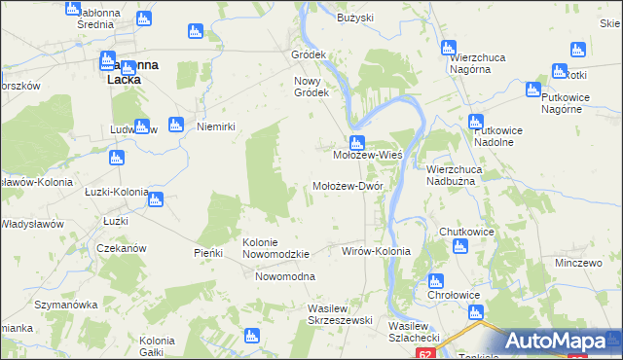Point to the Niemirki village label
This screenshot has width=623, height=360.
coord(217,126)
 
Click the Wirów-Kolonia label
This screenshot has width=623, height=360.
coord(376,251)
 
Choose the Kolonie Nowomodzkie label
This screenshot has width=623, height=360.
coord(275,248)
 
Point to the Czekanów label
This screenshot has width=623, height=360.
coord(122,248)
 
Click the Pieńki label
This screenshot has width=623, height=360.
coord(208,253)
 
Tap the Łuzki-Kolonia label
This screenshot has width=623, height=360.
coord(115,192)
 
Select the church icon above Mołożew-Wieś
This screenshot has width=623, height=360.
coord(357,142)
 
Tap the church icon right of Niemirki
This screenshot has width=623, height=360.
coord(176,124)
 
